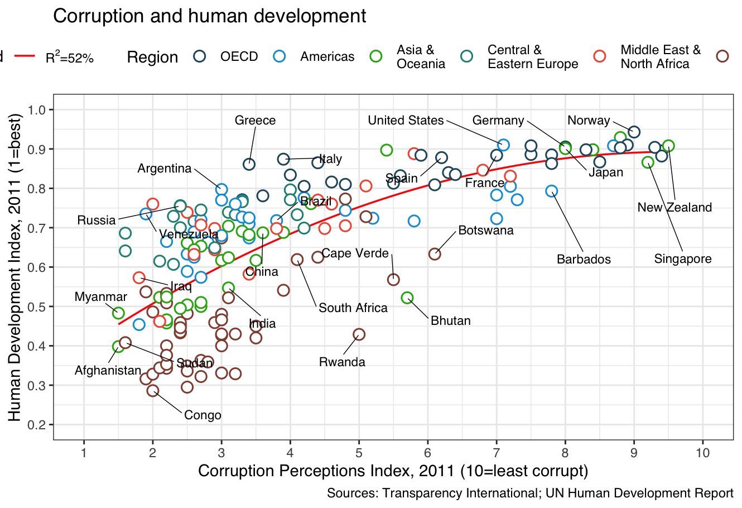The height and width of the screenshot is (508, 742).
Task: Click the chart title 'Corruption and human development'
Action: click(x=209, y=16)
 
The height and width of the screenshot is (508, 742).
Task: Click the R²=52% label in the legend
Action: click(x=70, y=57)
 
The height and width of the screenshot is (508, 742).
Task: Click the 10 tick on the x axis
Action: click(x=703, y=453)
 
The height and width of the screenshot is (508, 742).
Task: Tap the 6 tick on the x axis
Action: click(x=428, y=453)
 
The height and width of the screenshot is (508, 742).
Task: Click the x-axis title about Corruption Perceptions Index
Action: click(x=393, y=471)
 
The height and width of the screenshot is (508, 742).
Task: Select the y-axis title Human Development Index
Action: click(x=15, y=267)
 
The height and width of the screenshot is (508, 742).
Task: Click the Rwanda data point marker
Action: click(x=359, y=334)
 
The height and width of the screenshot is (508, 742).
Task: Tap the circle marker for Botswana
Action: click(x=435, y=254)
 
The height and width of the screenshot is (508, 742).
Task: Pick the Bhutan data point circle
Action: click(x=407, y=298)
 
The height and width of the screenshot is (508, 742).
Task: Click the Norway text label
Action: click(x=589, y=121)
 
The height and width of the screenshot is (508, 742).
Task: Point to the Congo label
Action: click(x=203, y=415)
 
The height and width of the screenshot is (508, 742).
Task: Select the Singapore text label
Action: click(x=683, y=259)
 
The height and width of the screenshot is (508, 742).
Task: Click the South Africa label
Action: click(x=353, y=308)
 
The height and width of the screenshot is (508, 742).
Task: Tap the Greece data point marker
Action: click(x=249, y=164)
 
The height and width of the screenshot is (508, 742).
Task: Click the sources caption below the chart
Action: click(x=529, y=493)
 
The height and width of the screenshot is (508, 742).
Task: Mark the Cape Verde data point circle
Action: click(x=393, y=280)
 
